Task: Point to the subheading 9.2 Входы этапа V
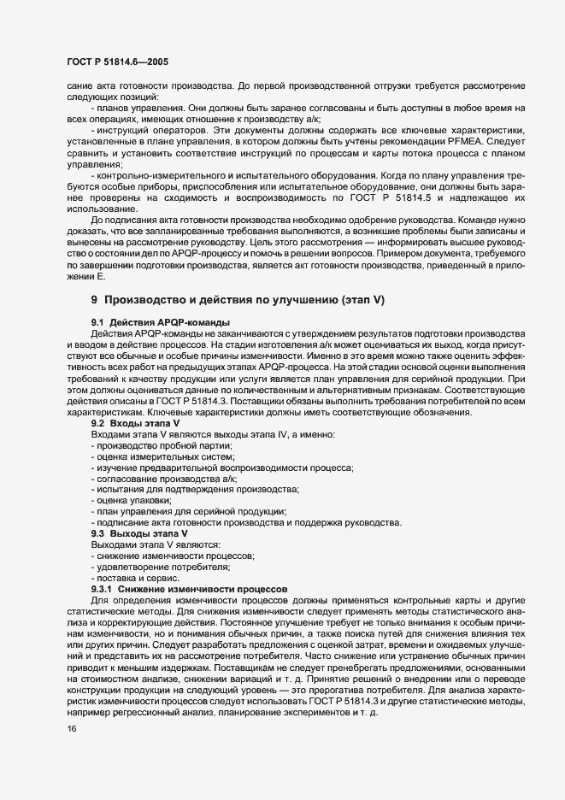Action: [x=135, y=423]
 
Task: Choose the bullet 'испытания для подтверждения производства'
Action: [x=196, y=490]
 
